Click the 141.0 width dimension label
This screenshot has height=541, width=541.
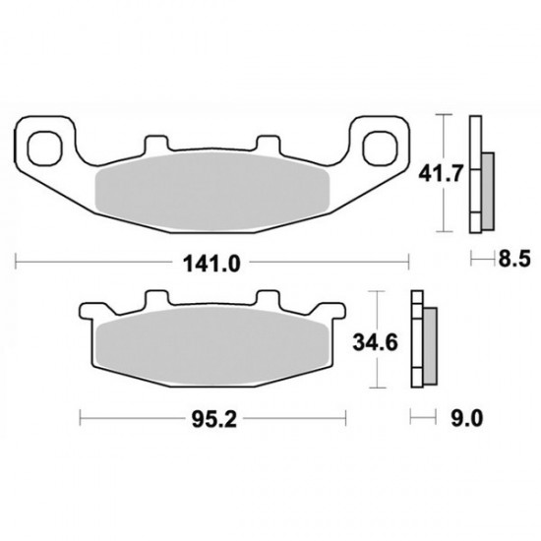coord(212,263)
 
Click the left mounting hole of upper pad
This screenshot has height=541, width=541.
coord(45,148)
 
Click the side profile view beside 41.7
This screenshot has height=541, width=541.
coord(480,174)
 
